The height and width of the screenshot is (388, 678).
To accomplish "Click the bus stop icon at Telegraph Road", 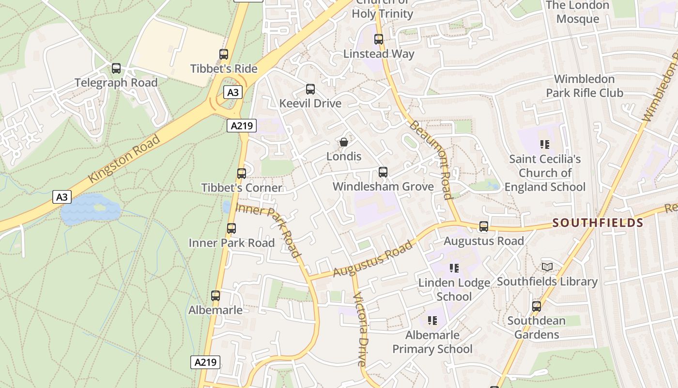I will (x=116, y=68).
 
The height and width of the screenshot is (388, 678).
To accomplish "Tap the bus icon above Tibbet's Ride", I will (x=224, y=54).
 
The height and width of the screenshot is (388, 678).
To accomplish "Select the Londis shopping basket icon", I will (x=344, y=142).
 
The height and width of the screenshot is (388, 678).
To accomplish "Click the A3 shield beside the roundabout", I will (x=233, y=92).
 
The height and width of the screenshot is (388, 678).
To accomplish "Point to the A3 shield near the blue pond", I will (x=62, y=197).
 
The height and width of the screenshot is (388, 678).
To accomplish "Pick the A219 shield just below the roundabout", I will (x=242, y=126).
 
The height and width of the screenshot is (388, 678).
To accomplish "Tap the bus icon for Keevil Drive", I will (x=310, y=89).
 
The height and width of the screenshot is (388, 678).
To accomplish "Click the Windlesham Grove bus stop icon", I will (x=383, y=172).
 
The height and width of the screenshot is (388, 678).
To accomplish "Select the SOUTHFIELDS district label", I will (x=598, y=223).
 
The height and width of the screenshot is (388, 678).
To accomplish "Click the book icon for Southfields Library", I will (x=547, y=267).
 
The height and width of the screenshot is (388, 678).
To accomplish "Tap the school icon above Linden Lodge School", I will (x=454, y=268).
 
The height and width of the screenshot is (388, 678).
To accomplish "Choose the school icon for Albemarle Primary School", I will (x=432, y=320).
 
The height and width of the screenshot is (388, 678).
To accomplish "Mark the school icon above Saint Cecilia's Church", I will (x=545, y=144).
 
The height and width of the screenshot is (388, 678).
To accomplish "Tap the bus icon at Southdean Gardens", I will (x=537, y=307).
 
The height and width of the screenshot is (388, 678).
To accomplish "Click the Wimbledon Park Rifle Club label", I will (x=585, y=86).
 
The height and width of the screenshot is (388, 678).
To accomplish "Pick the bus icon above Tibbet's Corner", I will (x=242, y=174).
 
